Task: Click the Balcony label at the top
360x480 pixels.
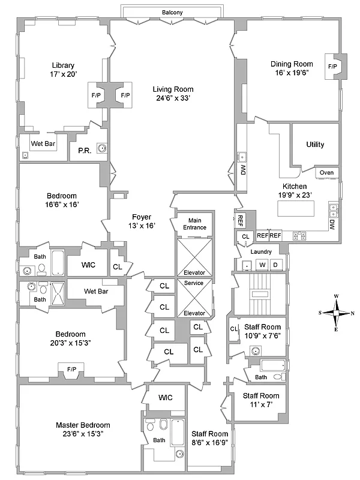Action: pyautogui.click(x=172, y=12)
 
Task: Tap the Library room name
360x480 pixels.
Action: pyautogui.click(x=62, y=65)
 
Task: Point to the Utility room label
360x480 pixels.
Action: pyautogui.click(x=315, y=145)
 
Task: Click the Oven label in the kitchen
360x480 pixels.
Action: pyautogui.click(x=326, y=172)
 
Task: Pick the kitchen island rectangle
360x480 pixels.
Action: pyautogui.click(x=295, y=209)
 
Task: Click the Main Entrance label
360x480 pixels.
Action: pyautogui.click(x=194, y=224)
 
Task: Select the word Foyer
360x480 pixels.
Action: pyautogui.click(x=142, y=217)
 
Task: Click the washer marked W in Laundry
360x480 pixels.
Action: pyautogui.click(x=262, y=265)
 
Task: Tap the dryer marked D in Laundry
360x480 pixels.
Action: pyautogui.click(x=275, y=265)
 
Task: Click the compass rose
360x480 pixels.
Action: pyautogui.click(x=338, y=313)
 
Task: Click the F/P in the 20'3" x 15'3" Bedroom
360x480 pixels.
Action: pyautogui.click(x=71, y=368)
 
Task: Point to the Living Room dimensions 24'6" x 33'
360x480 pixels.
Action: pyautogui.click(x=172, y=98)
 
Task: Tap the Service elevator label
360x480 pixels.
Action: pyautogui.click(x=194, y=283)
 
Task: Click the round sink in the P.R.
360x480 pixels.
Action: pyautogui.click(x=103, y=148)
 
